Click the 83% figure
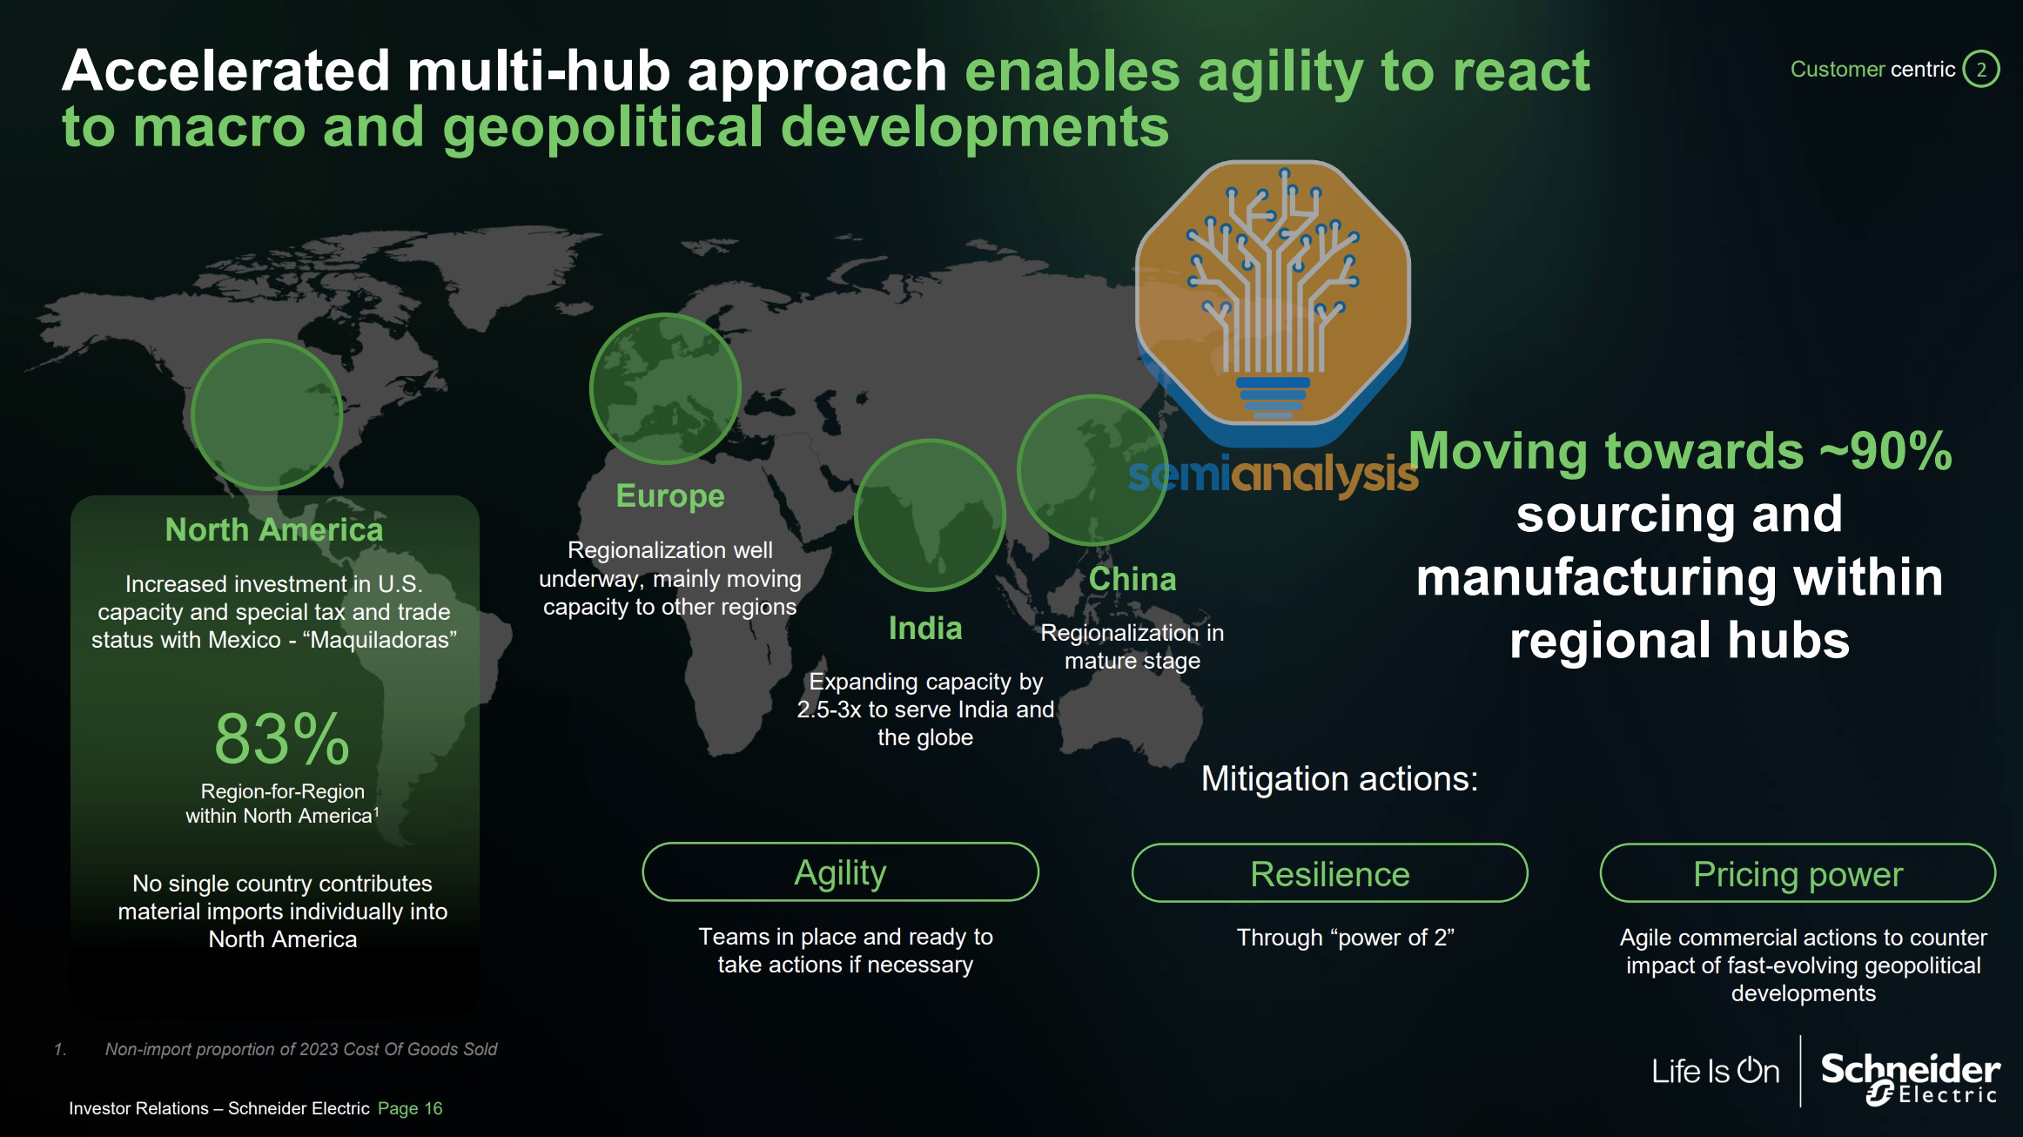tap(282, 739)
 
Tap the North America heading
tap(274, 529)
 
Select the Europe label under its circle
tap(670, 495)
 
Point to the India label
tap(925, 628)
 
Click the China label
tap(1132, 579)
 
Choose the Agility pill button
tap(841, 872)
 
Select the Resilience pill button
tap(1330, 873)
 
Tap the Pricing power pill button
tap(1798, 873)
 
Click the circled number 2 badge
tap(1981, 70)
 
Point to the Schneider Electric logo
tap(1911, 1078)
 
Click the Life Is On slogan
tap(1716, 1071)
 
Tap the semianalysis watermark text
tap(1273, 475)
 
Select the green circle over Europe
tap(666, 388)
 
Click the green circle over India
tap(931, 515)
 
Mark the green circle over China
tap(1093, 470)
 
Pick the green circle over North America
tap(267, 415)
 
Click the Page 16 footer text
tap(410, 1108)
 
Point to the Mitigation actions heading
tap(1340, 778)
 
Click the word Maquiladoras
tap(380, 640)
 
